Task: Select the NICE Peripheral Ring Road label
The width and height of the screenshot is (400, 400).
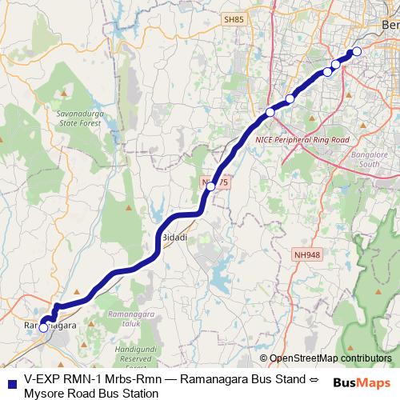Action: pyautogui.click(x=302, y=139)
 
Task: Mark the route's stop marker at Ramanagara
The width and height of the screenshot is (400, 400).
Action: pyautogui.click(x=43, y=327)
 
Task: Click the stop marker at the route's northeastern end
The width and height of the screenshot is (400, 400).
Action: pyautogui.click(x=357, y=52)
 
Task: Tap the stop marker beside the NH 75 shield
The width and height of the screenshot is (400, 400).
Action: pyautogui.click(x=210, y=187)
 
